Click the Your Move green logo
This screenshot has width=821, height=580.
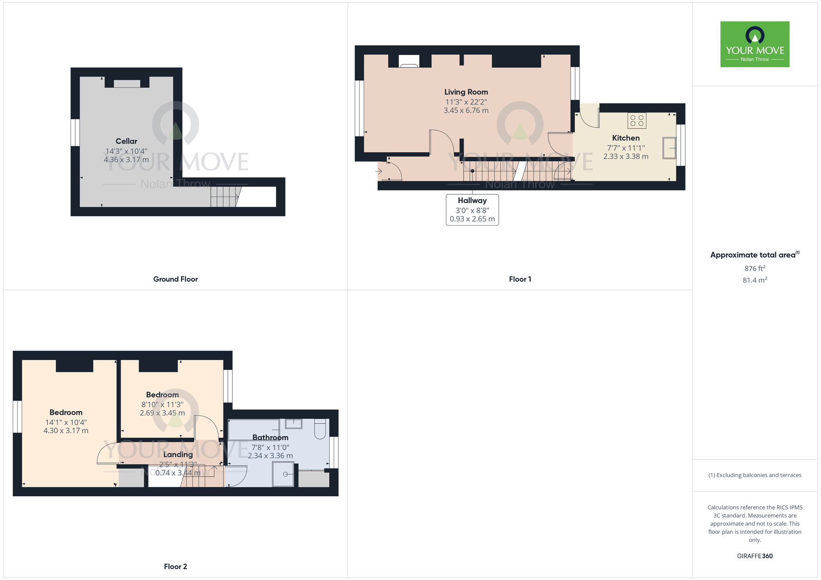pos(754,44)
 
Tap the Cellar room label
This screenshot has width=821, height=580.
pos(126,141)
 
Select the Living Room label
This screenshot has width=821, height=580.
pos(466,92)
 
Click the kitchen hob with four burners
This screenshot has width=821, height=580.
pos(637,121)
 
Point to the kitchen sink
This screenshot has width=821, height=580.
pos(669,148)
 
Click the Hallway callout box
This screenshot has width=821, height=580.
pos(472,210)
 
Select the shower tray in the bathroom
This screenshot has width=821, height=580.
pos(284,474)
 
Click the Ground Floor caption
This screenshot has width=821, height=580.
pos(175,279)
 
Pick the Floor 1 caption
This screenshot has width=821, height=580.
pos(520,279)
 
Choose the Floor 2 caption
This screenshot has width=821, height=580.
pos(175,566)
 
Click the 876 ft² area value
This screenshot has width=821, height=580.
pos(755,268)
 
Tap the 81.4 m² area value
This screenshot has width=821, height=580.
pos(755,280)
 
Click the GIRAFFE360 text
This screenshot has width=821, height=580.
pos(755,556)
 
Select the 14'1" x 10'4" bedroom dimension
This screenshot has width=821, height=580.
pos(66,422)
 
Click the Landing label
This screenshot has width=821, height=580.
pos(178,454)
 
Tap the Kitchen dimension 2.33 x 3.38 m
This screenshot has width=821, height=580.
pos(626,157)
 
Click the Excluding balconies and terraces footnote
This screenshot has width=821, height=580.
pos(755,475)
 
